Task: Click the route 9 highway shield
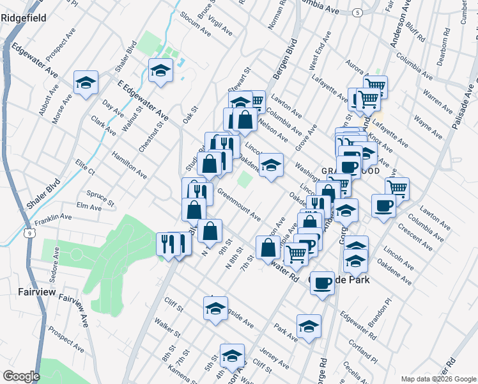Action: click(x=30, y=234)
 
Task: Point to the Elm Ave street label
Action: click(x=89, y=207)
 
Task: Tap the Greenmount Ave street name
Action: click(x=239, y=202)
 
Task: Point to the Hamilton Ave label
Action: click(x=129, y=165)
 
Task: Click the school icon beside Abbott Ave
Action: click(x=86, y=83)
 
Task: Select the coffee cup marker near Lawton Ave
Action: click(x=383, y=206)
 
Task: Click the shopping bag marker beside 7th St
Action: click(x=268, y=248)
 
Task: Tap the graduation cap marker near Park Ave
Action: click(x=309, y=326)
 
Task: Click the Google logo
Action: click(x=21, y=376)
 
